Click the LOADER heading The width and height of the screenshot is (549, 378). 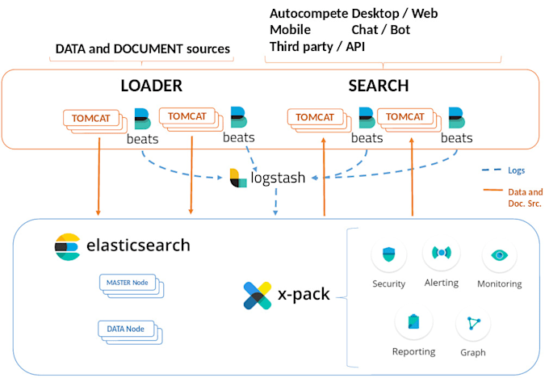click(151, 86)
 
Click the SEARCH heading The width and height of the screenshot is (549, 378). click(378, 86)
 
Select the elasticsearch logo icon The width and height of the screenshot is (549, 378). click(68, 246)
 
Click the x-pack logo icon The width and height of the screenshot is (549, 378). click(258, 295)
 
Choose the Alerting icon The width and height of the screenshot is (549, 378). click(440, 253)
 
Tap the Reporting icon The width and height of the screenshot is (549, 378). click(413, 322)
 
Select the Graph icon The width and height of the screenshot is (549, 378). click(472, 324)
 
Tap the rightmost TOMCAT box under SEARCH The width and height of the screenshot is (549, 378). click(405, 117)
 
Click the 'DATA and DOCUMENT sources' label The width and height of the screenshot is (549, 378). click(142, 49)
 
